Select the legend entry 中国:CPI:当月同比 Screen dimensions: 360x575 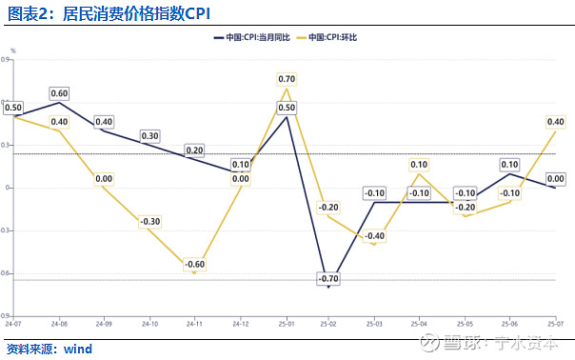click(253, 37)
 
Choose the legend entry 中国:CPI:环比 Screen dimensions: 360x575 click(335, 37)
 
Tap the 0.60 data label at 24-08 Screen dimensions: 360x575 click(59, 93)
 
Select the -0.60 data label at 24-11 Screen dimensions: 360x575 click(195, 265)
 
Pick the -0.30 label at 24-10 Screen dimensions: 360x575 click(150, 222)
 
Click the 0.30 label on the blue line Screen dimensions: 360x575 click(150, 136)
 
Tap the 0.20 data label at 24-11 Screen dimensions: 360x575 click(195, 150)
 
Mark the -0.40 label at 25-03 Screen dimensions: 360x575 click(374, 236)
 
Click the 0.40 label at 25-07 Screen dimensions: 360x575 click(555, 122)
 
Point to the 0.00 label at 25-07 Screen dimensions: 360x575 click(555, 179)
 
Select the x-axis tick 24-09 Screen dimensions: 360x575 click(104, 324)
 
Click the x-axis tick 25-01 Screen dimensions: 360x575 click(285, 324)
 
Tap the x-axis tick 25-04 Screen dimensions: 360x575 click(420, 324)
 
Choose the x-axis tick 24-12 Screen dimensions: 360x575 click(240, 324)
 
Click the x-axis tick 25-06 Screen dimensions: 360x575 click(510, 324)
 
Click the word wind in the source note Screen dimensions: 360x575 click(78, 349)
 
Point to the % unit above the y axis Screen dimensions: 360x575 click(13, 50)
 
